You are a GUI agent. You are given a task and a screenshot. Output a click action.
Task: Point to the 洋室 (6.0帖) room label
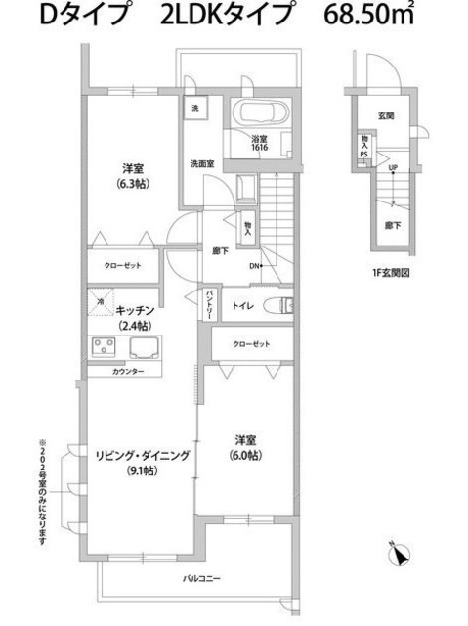click(x=245, y=446)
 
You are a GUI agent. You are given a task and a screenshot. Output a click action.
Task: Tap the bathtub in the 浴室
click(x=260, y=114)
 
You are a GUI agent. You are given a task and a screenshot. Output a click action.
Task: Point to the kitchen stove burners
click(x=104, y=348)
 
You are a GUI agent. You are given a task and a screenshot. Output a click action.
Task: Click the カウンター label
click(x=127, y=372)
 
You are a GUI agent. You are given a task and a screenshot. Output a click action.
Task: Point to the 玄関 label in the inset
click(x=387, y=115)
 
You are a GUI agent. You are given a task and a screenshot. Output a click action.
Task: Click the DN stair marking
click(x=254, y=266)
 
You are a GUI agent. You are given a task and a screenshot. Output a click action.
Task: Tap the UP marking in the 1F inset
click(x=393, y=168)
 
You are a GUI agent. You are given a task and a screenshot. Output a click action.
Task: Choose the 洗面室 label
click(x=202, y=163)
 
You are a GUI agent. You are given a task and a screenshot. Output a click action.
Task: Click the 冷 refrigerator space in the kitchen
click(x=101, y=304)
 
